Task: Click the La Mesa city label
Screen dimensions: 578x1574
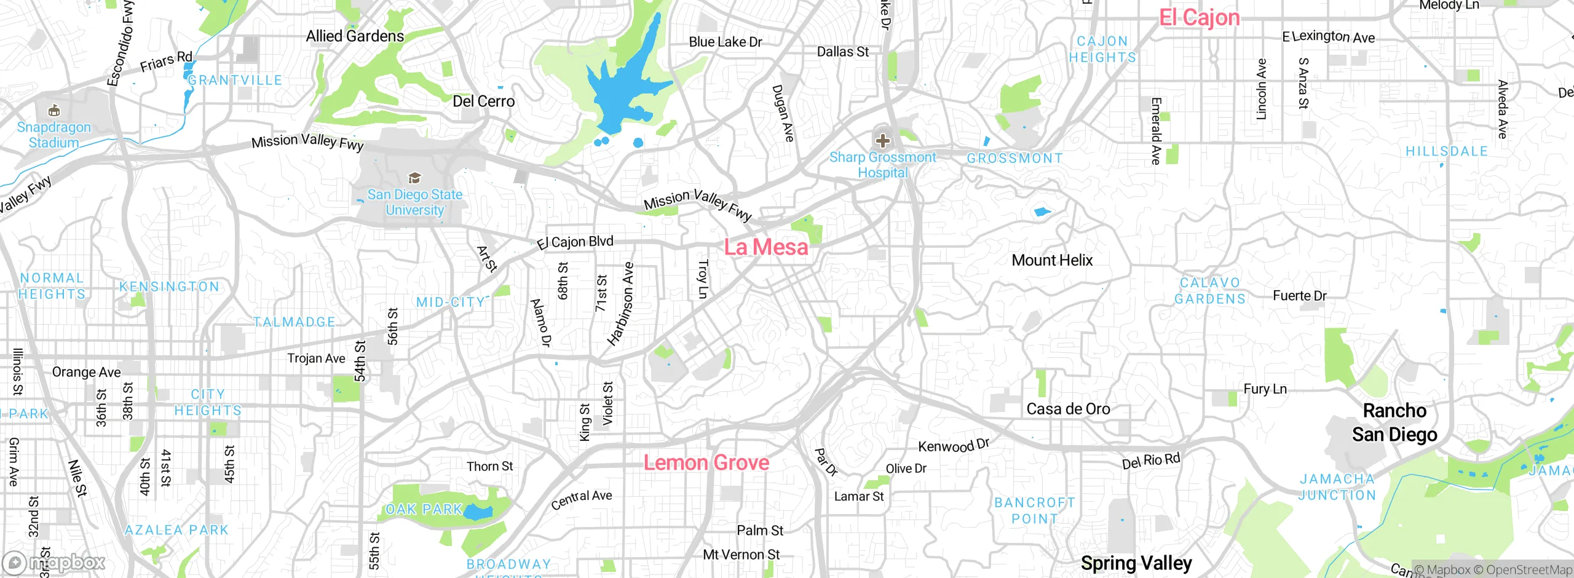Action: click(x=766, y=247)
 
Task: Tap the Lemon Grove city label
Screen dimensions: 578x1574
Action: click(x=706, y=462)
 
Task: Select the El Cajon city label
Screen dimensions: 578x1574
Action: click(x=1199, y=17)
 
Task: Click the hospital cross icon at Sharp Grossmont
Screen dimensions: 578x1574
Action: click(x=882, y=141)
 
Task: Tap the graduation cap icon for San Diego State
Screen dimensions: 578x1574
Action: click(x=415, y=178)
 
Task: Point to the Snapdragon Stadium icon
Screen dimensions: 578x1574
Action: click(x=54, y=111)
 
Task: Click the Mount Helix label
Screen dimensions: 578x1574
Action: click(x=1052, y=260)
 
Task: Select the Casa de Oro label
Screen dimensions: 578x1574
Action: click(x=1068, y=409)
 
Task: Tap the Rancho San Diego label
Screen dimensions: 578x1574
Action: click(x=1394, y=422)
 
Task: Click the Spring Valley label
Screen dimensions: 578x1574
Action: click(x=1136, y=563)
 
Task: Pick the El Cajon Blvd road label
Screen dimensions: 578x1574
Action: click(x=575, y=242)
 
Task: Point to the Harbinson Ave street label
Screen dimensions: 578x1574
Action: click(x=621, y=304)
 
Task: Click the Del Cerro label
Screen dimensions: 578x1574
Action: click(x=483, y=101)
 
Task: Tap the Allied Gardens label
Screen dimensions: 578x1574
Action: click(x=355, y=36)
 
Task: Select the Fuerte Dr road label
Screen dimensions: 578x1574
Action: click(x=1299, y=296)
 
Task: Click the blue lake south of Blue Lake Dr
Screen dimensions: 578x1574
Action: click(x=621, y=92)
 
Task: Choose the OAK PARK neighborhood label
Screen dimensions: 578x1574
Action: click(x=424, y=509)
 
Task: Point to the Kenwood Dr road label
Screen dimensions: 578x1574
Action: click(x=953, y=445)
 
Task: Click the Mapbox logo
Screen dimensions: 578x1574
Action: click(x=54, y=562)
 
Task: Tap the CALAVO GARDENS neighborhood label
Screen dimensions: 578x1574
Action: click(x=1209, y=291)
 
